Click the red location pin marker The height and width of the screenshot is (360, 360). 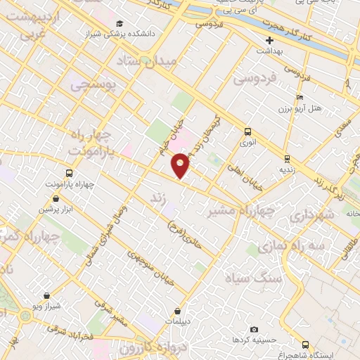[x=181, y=165]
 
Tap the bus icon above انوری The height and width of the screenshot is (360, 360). [x=247, y=131]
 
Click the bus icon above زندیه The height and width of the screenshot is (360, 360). [x=286, y=158]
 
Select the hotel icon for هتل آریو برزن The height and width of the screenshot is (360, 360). [x=300, y=97]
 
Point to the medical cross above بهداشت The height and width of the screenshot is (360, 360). [x=269, y=40]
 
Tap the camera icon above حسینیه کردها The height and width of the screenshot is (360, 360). [x=254, y=329]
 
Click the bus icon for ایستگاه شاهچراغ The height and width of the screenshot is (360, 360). [x=305, y=345]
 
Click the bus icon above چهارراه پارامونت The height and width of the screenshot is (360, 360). [x=69, y=173]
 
